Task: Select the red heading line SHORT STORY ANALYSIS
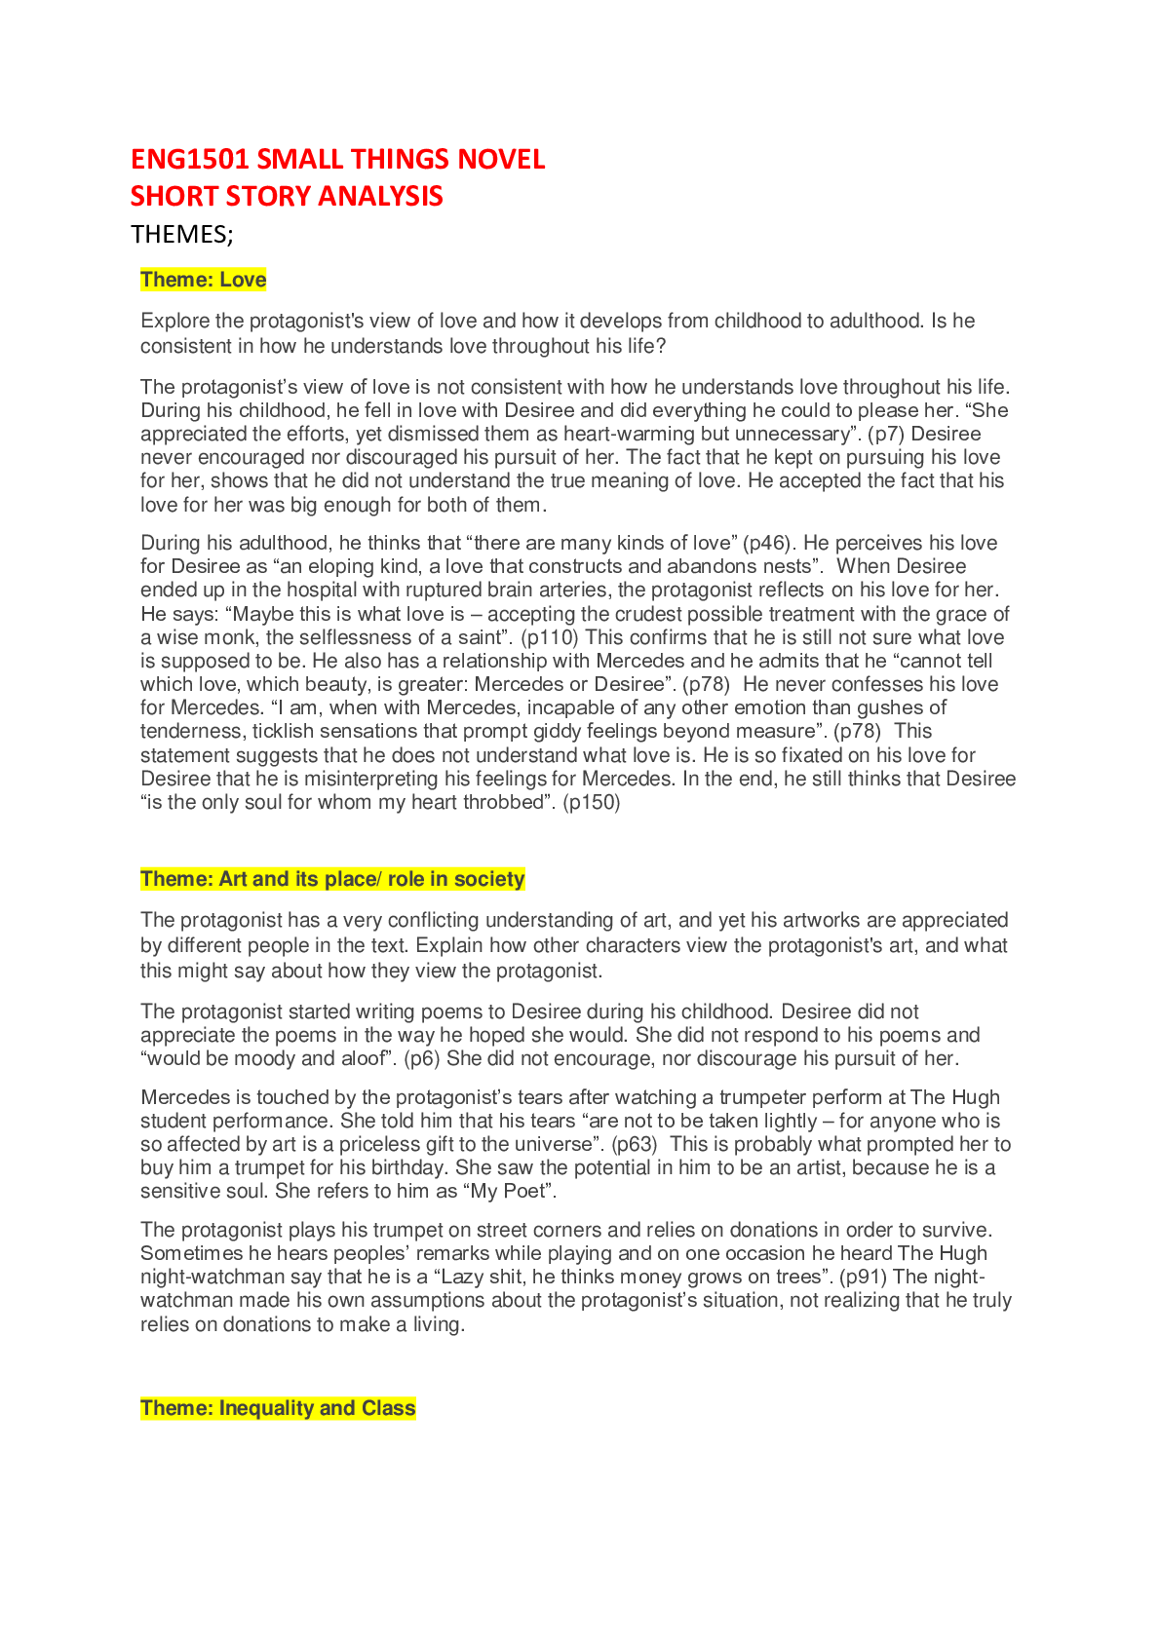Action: coord(287,197)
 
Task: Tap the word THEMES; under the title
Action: coord(181,235)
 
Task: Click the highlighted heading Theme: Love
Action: coord(203,281)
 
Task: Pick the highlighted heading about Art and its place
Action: coord(332,879)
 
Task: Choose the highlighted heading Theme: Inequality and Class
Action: coord(278,1408)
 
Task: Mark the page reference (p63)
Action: coord(634,1144)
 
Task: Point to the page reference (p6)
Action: coord(422,1058)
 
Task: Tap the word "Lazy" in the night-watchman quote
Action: coord(463,1277)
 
